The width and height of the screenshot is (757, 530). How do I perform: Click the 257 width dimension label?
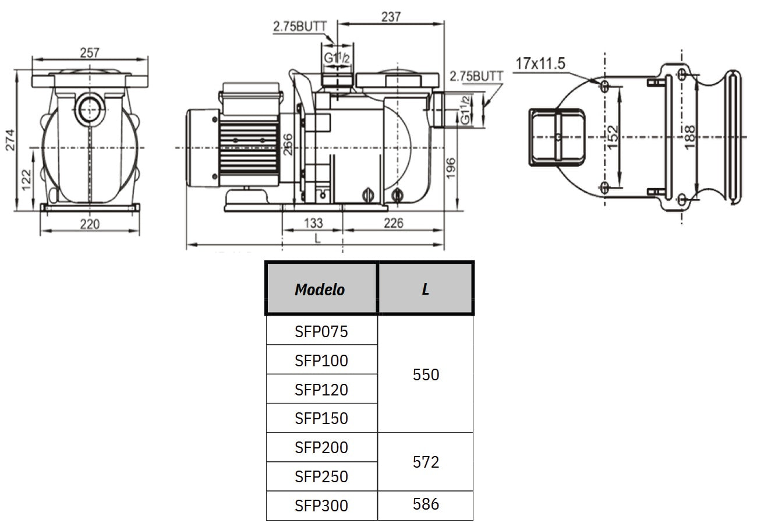point(90,53)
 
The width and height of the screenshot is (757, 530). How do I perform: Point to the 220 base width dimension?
point(90,224)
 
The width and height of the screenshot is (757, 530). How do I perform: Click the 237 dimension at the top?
point(391,17)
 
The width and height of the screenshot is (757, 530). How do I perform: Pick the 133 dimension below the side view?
point(313,223)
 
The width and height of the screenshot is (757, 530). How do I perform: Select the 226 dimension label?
point(393,223)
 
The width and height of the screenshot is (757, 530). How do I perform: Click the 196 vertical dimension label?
point(452,169)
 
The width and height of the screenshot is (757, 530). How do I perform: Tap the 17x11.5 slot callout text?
point(540,63)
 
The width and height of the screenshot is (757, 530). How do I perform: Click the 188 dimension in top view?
point(690,137)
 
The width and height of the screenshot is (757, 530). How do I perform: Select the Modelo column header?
point(320,289)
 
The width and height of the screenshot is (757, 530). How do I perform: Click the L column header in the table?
point(425,289)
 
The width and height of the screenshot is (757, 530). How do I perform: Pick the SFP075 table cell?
point(321,331)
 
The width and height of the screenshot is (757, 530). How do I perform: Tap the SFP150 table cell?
point(321,418)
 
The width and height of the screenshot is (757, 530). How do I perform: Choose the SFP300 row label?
point(321,506)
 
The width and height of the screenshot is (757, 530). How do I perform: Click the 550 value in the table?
point(425,374)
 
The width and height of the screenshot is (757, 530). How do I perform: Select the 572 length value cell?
point(425,462)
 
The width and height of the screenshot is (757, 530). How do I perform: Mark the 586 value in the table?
point(425,504)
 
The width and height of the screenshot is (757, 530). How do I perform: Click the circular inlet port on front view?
point(90,108)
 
